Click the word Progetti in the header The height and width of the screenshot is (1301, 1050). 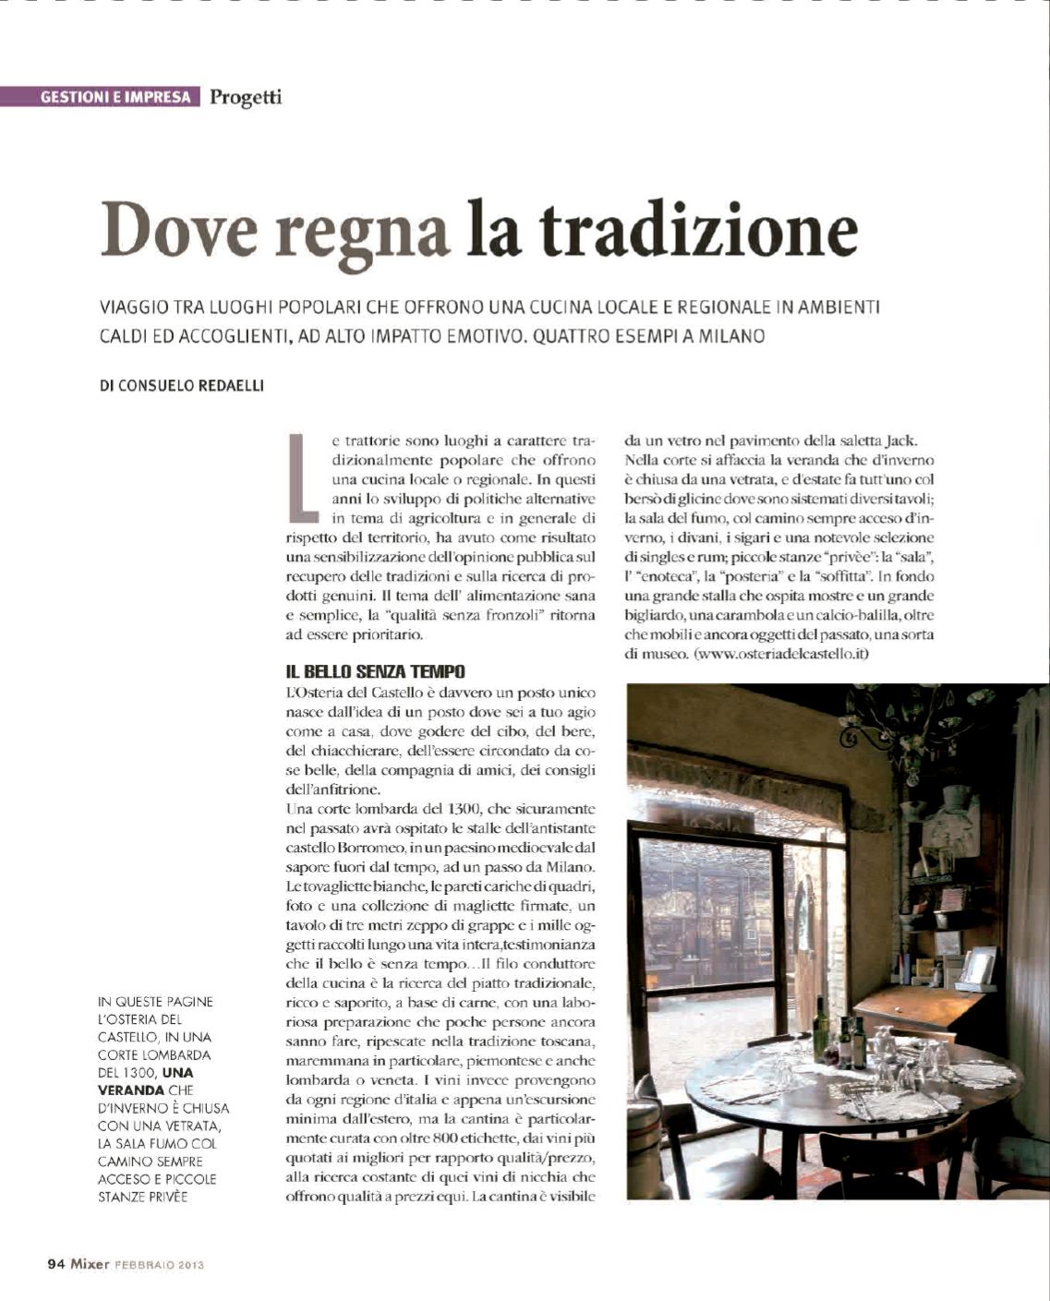[246, 96]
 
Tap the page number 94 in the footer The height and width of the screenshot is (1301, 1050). [55, 1265]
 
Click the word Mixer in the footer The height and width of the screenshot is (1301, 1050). [90, 1265]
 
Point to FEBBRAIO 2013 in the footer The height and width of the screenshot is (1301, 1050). [159, 1266]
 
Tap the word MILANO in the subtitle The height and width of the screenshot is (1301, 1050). [731, 336]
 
